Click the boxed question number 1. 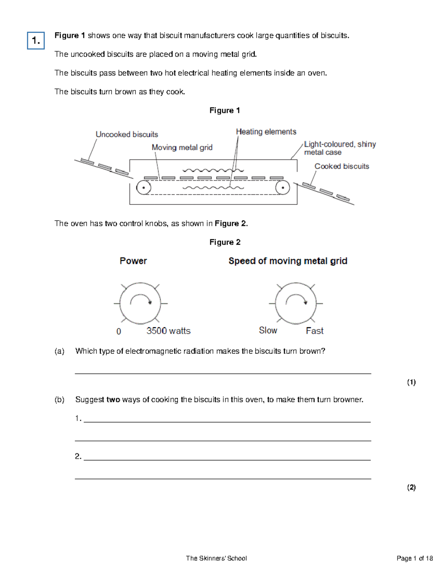(x=36, y=40)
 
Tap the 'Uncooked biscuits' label (x=127, y=134)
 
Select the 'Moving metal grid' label (x=182, y=148)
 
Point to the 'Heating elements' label (x=266, y=132)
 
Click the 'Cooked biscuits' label (x=341, y=166)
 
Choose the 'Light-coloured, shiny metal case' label (x=339, y=148)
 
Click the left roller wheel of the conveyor (x=143, y=188)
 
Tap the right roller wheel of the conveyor (x=283, y=188)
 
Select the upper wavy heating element (x=213, y=170)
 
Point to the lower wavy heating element (x=213, y=188)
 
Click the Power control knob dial (x=140, y=303)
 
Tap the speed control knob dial (x=296, y=303)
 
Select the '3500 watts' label (x=168, y=331)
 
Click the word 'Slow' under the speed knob (x=268, y=331)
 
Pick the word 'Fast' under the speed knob (x=315, y=331)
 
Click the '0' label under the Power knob (x=119, y=332)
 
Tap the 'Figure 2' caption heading (x=225, y=242)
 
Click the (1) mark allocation (x=411, y=382)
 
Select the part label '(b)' (x=59, y=400)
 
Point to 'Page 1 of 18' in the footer (x=414, y=558)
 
